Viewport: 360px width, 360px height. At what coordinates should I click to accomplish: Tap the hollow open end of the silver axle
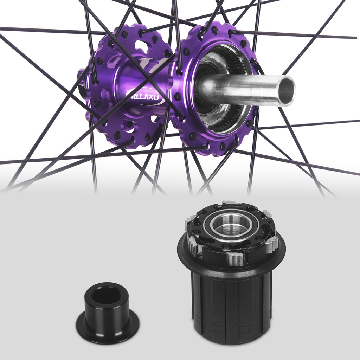click(287, 91)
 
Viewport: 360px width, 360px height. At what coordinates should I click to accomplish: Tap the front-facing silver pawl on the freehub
click(235, 259)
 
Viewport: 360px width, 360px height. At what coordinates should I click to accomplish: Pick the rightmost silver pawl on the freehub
click(271, 245)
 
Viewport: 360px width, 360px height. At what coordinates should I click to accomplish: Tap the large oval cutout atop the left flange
click(142, 46)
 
